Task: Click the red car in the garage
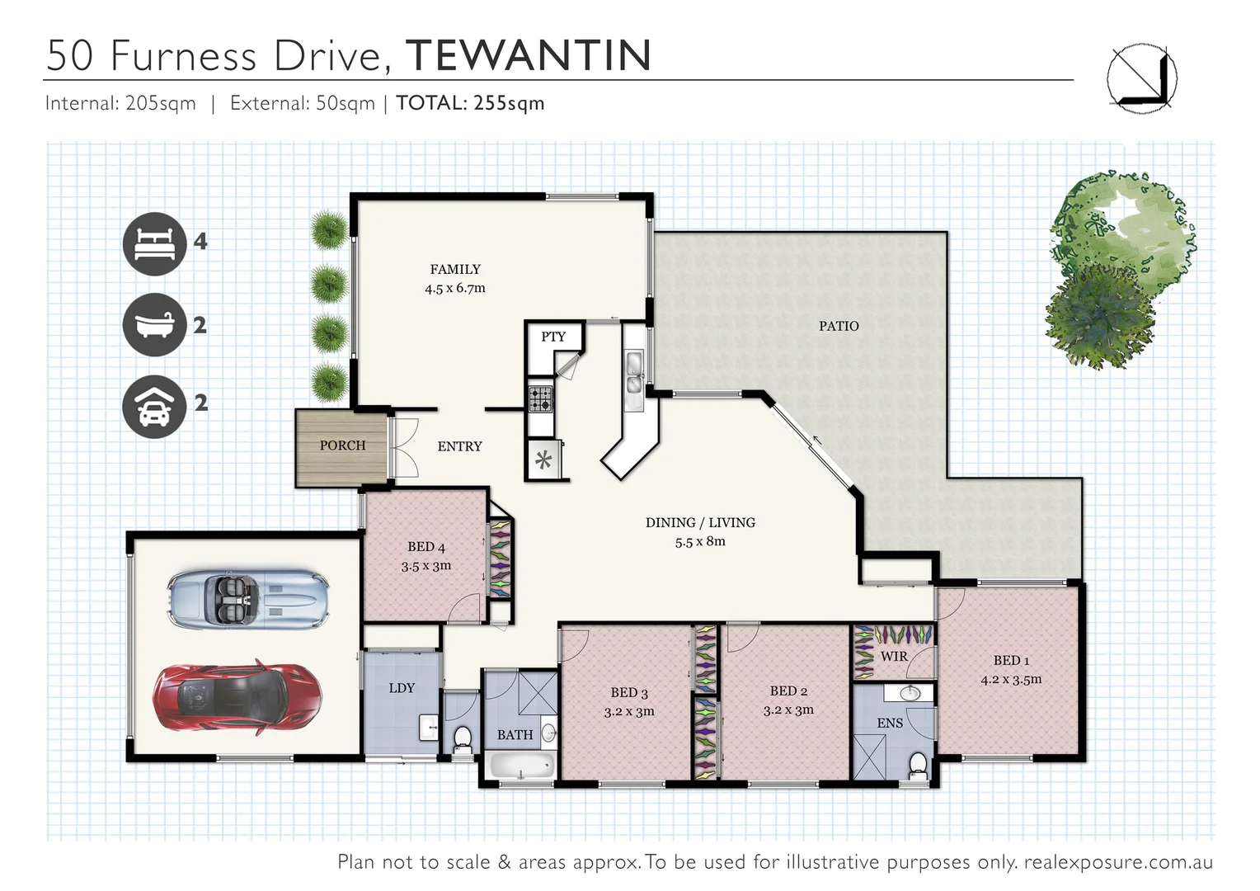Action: coord(237,696)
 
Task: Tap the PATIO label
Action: coord(839,326)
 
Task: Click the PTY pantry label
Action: coord(553,337)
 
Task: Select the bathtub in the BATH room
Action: coord(522,765)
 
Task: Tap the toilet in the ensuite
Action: coord(918,764)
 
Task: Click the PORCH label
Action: coord(342,445)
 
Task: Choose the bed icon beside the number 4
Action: coord(154,243)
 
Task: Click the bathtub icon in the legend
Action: coord(154,324)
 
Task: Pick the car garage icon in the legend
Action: coord(154,406)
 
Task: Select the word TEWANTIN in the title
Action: coord(529,55)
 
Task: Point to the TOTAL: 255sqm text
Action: coord(470,103)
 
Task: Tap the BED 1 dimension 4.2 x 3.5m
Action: coord(1011,680)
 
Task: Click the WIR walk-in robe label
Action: coord(894,657)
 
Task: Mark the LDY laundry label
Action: coord(402,688)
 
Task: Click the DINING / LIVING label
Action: coord(700,522)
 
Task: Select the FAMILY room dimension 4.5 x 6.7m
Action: coord(455,289)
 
